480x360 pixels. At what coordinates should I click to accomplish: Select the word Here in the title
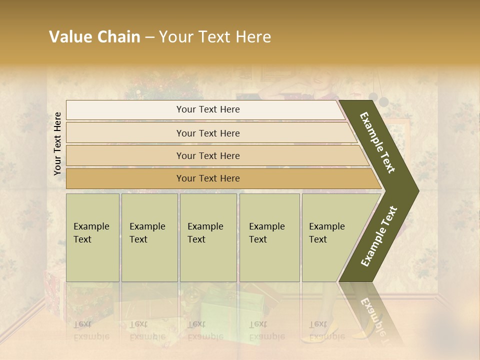click(x=253, y=37)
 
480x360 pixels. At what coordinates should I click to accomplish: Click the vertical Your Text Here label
click(x=57, y=143)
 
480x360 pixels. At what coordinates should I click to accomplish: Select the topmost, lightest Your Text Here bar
click(x=207, y=109)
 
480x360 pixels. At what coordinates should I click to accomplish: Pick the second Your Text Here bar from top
click(x=207, y=133)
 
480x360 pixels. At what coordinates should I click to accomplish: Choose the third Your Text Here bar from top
click(x=207, y=155)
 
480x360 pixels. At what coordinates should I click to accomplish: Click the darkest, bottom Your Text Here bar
click(x=207, y=178)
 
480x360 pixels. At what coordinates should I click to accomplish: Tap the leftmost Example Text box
click(x=92, y=237)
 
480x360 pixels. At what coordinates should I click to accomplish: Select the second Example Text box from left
click(x=149, y=237)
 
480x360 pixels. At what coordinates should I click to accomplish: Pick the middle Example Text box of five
click(x=208, y=237)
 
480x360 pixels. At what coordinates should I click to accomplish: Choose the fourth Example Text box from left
click(x=269, y=237)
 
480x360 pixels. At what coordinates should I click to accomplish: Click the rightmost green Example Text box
click(x=330, y=237)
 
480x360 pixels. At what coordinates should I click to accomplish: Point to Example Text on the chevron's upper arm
click(x=378, y=142)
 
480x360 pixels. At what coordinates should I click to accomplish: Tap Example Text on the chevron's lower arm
click(x=379, y=236)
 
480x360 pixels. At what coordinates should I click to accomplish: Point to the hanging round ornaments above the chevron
click(x=378, y=98)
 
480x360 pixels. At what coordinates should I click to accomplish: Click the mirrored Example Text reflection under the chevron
click(x=371, y=313)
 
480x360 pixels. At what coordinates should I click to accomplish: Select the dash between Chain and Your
click(x=149, y=37)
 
